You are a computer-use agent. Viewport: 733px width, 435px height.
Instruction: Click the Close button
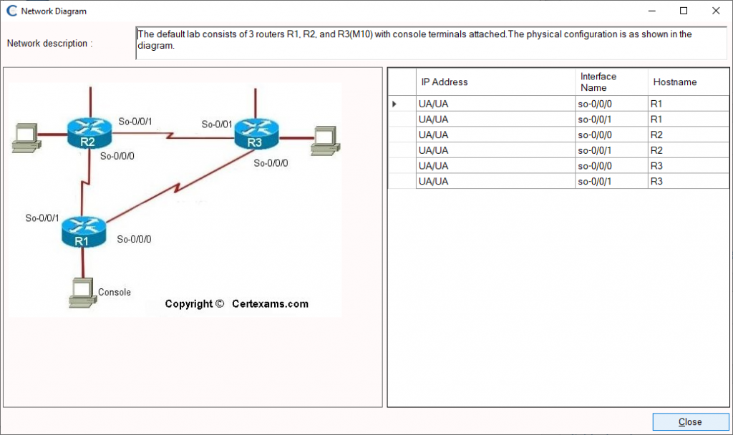tap(690, 421)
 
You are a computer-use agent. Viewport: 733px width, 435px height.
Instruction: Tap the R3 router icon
tap(255, 134)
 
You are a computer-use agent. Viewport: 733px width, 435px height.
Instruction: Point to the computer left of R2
tap(25, 136)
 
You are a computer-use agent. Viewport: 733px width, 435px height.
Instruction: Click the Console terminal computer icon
tap(82, 292)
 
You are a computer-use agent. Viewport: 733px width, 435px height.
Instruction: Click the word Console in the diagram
tap(115, 292)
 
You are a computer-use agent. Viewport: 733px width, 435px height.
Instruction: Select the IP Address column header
tap(445, 82)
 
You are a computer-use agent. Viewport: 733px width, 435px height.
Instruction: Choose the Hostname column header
tap(674, 82)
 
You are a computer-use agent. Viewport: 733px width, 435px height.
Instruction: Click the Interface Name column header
tap(598, 82)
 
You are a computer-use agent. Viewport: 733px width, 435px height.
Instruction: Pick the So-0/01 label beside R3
tap(217, 124)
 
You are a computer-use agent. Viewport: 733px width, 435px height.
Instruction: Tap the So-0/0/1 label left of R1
tap(42, 217)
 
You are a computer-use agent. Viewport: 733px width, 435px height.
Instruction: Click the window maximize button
tap(684, 11)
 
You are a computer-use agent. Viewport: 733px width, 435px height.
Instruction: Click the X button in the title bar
tap(716, 11)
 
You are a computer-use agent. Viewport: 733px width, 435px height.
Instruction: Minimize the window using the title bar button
tap(651, 11)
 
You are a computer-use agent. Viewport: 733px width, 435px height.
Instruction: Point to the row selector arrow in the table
tap(394, 104)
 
